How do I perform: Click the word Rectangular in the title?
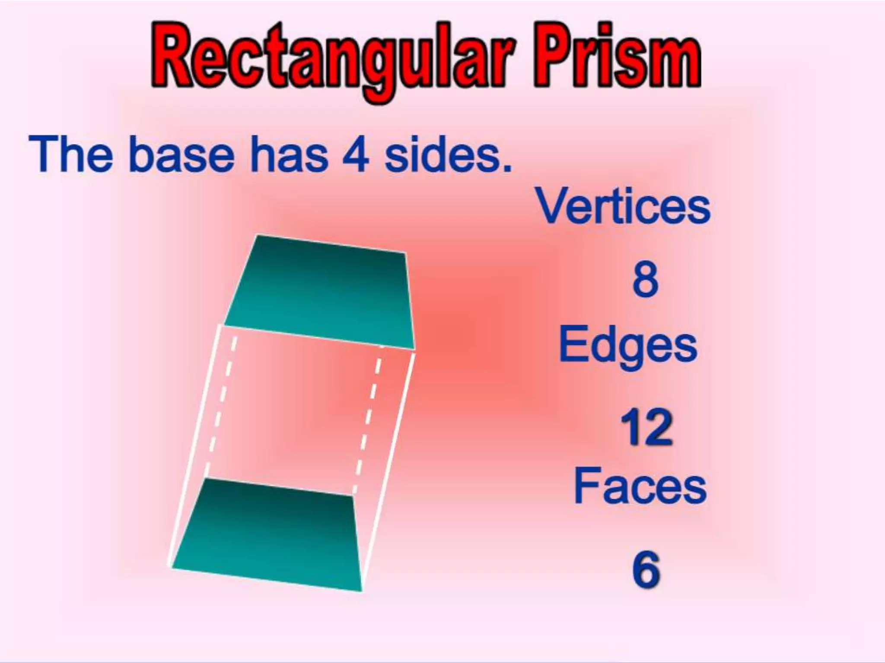tap(333, 60)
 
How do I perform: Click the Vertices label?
tap(623, 207)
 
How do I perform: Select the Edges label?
tap(627, 347)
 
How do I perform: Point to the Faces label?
tap(640, 486)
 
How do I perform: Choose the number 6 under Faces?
tap(646, 570)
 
